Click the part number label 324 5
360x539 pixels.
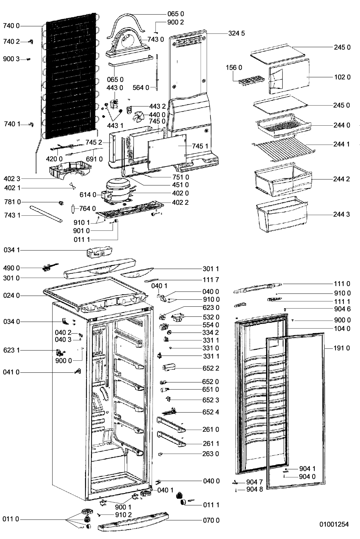(236, 33)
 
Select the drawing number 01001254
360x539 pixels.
(334, 524)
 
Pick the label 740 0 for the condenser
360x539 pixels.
(11, 26)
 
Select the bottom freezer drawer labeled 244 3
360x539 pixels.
(282, 214)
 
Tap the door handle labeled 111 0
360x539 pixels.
(258, 288)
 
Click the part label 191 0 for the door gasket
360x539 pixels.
(342, 348)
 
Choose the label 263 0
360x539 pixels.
(210, 454)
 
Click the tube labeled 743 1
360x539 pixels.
(46, 214)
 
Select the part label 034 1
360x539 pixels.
(11, 250)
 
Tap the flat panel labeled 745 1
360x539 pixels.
(167, 151)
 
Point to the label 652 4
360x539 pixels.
(210, 412)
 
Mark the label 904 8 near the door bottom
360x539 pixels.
(255, 489)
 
